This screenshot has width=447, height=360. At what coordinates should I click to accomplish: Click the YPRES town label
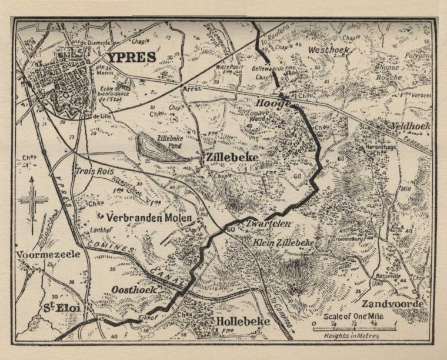(x=131, y=58)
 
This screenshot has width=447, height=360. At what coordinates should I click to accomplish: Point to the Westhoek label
(x=329, y=51)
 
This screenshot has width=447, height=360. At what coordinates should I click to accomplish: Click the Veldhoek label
(x=409, y=126)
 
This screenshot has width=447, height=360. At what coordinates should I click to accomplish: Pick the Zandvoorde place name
(x=393, y=304)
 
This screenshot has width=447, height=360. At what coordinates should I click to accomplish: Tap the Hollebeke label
(x=243, y=322)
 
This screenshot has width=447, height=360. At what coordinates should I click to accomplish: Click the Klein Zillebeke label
(x=285, y=242)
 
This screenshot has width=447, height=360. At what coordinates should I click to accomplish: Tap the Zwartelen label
(x=266, y=224)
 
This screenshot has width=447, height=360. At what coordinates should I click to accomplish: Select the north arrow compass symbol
(x=32, y=200)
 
